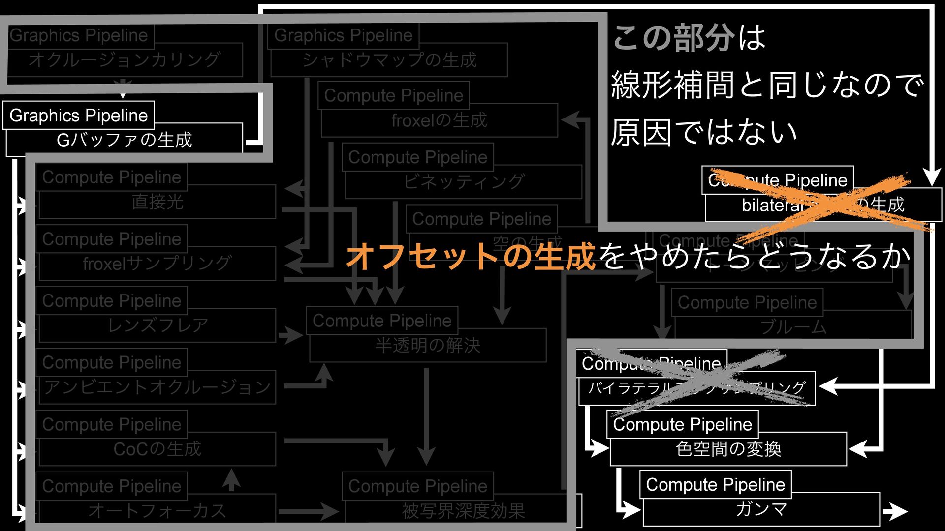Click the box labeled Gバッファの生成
[124, 140]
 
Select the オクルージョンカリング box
[124, 60]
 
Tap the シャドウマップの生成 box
[389, 60]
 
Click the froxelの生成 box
[439, 120]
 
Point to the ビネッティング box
[463, 182]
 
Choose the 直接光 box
[157, 202]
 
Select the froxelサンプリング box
[157, 264]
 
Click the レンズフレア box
[157, 325]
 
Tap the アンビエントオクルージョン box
[157, 387]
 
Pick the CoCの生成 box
[157, 449]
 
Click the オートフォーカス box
[157, 511]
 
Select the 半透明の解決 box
[428, 346]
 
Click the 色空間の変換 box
[728, 449]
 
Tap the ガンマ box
[761, 509]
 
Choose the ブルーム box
[793, 327]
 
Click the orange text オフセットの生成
[471, 256]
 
